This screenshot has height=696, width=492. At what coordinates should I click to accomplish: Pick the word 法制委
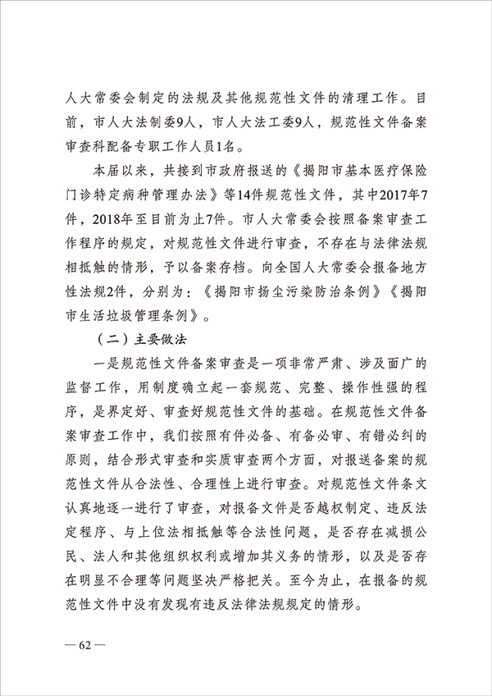tap(160, 122)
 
